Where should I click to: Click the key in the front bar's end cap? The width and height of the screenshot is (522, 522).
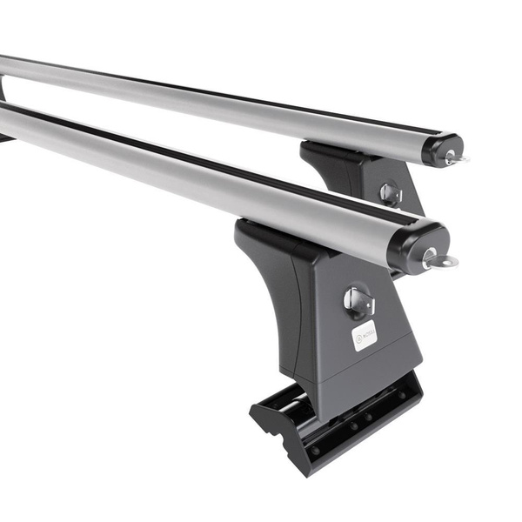(439, 258)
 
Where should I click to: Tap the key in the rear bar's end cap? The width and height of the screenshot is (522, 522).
(454, 157)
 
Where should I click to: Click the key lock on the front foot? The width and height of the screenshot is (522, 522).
(358, 301)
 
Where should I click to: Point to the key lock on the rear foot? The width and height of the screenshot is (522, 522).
(391, 193)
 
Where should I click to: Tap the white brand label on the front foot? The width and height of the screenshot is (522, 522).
(364, 335)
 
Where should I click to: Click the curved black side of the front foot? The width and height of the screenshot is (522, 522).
(270, 287)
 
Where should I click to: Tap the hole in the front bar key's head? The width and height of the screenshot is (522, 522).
(448, 261)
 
